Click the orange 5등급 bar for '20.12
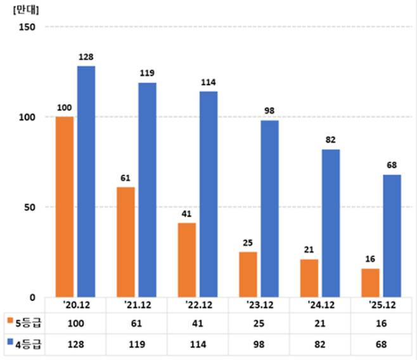click(x=64, y=207)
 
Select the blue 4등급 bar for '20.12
click(x=86, y=181)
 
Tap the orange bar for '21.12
click(x=125, y=241)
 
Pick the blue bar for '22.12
click(x=208, y=194)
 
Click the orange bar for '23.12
click(x=248, y=274)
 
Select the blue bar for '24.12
click(x=330, y=223)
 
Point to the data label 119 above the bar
click(x=147, y=74)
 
